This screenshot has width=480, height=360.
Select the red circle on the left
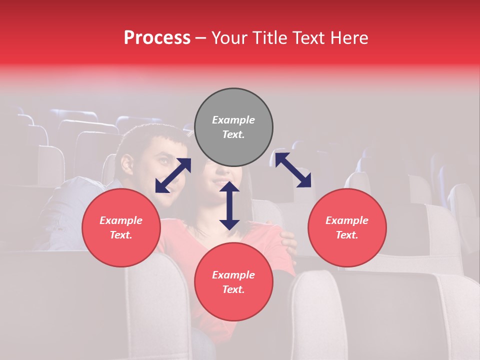121,227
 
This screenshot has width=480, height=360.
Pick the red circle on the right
347,227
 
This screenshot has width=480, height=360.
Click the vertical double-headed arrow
229,205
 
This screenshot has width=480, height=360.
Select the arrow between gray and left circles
173,175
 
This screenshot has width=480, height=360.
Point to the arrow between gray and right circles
293,170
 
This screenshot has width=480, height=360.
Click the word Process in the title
157,38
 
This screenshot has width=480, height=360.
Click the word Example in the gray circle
233,120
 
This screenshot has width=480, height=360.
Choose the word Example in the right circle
347,220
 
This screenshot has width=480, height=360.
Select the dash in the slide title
200,38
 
